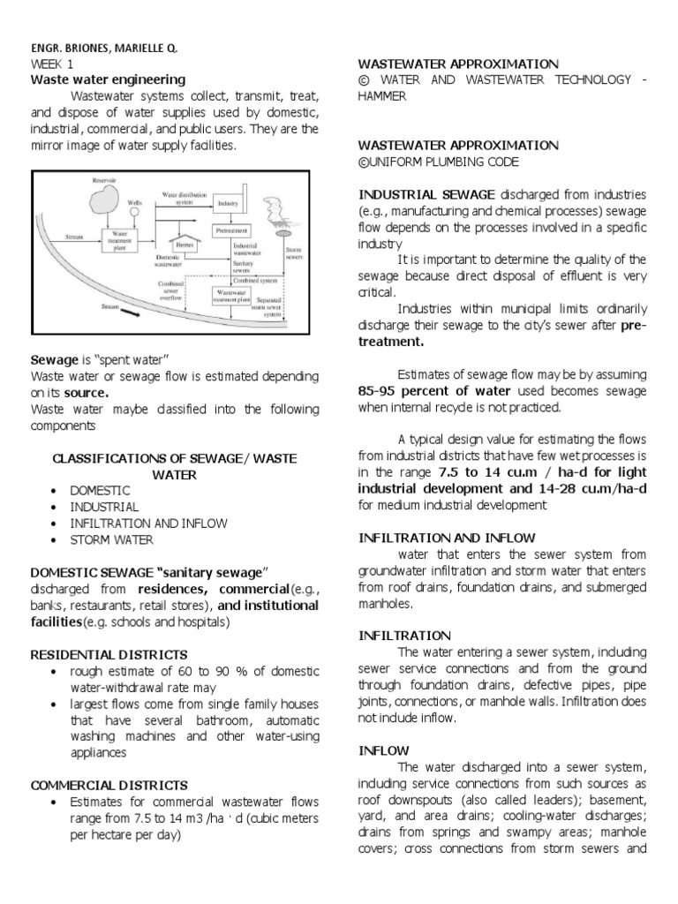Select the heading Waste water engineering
(108, 79)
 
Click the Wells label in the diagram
(134, 202)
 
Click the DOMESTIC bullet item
(101, 490)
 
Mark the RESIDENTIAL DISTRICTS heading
(109, 654)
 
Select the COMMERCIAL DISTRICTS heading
(109, 784)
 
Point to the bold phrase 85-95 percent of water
(435, 391)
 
